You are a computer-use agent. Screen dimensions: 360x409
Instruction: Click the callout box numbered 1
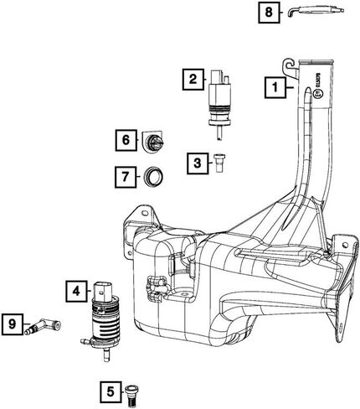pyautogui.click(x=275, y=87)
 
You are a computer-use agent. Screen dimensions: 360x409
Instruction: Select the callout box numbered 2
pyautogui.click(x=193, y=79)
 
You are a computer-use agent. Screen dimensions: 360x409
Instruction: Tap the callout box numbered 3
pyautogui.click(x=198, y=163)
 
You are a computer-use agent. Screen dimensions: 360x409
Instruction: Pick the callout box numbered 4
pyautogui.click(x=76, y=292)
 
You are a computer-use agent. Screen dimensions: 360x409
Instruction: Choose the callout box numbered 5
pyautogui.click(x=111, y=392)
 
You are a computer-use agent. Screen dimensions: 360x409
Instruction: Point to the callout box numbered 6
pyautogui.click(x=126, y=140)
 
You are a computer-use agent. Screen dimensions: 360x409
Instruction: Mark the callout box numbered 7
pyautogui.click(x=126, y=177)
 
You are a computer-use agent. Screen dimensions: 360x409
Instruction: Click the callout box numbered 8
pyautogui.click(x=269, y=13)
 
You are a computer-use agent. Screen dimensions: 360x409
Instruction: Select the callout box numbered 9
pyautogui.click(x=12, y=324)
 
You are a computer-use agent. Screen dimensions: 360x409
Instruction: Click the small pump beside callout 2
pyautogui.click(x=219, y=103)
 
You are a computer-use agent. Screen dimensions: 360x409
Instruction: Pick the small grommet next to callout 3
pyautogui.click(x=219, y=163)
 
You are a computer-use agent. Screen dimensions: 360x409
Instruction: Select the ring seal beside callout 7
pyautogui.click(x=153, y=177)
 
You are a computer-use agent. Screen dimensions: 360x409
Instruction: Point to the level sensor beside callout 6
pyautogui.click(x=153, y=141)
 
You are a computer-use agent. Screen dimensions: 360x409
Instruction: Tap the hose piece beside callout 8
pyautogui.click(x=316, y=12)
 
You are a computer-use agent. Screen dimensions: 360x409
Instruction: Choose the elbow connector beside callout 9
pyautogui.click(x=43, y=326)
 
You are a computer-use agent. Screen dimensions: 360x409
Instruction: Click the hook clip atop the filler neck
pyautogui.click(x=291, y=67)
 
